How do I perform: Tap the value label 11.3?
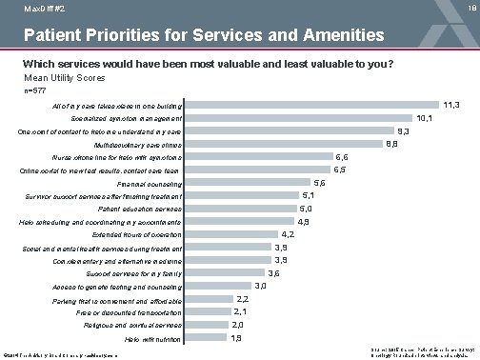coord(451,103)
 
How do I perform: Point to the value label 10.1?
coord(426,117)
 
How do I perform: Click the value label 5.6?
coord(319,182)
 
